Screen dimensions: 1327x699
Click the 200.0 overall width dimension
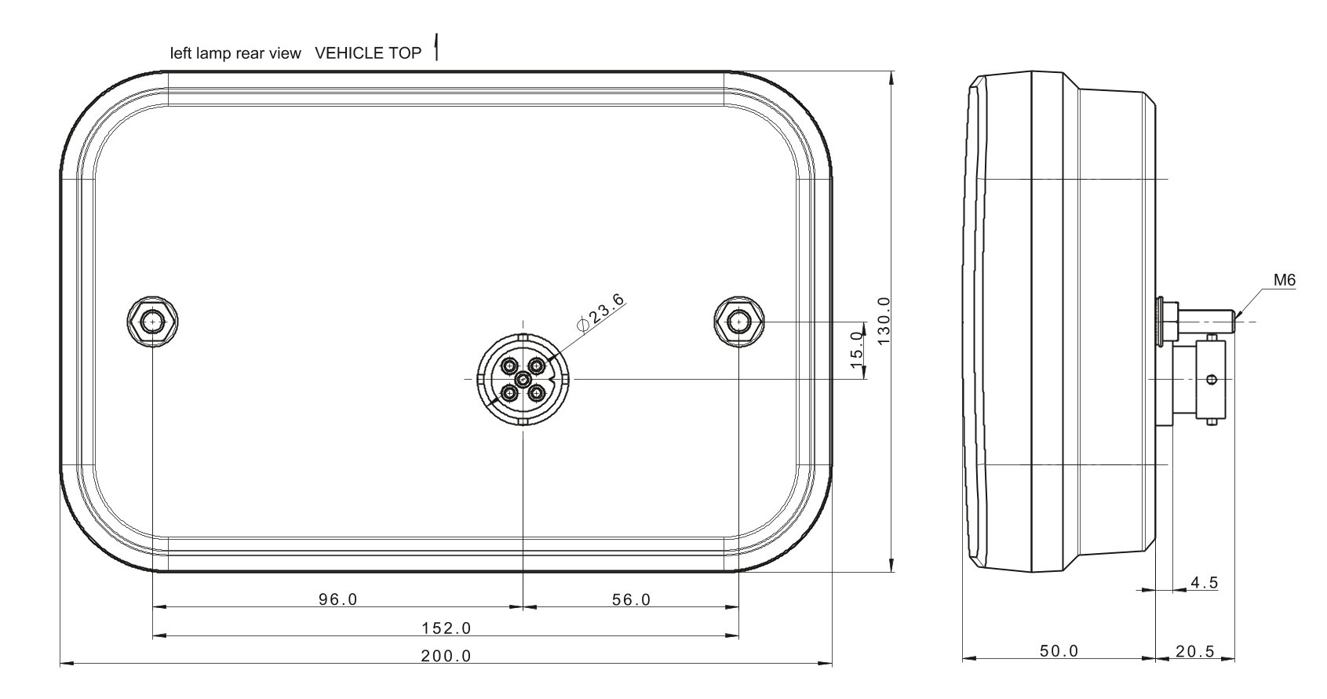click(x=446, y=656)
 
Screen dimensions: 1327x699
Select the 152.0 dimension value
click(x=446, y=628)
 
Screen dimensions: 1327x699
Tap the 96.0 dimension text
click(x=338, y=599)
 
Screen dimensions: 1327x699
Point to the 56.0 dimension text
click(x=632, y=599)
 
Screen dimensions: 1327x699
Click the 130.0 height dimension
click(x=884, y=321)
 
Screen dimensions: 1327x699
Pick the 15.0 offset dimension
click(x=857, y=350)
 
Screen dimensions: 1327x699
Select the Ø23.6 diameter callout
click(x=600, y=313)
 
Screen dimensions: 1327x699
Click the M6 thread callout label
click(x=1285, y=279)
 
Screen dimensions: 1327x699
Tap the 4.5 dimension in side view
click(x=1205, y=583)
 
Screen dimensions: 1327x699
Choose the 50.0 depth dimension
click(x=1059, y=651)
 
